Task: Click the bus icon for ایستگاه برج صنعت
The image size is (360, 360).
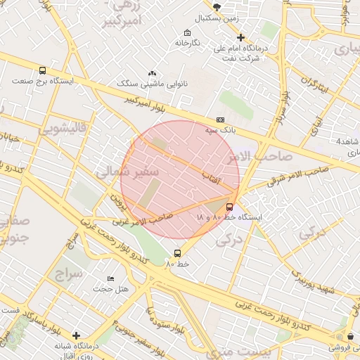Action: pos(42,71)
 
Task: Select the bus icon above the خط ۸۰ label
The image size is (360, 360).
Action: pos(177,253)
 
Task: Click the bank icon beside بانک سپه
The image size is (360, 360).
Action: pos(221,120)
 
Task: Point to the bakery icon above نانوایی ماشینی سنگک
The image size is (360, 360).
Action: pos(153,74)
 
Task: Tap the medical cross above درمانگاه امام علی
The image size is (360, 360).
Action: pos(240,37)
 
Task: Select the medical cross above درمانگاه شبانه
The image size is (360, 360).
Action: pos(77,335)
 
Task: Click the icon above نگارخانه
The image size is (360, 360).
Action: pos(186,33)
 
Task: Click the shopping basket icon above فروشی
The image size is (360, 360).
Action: pos(350,337)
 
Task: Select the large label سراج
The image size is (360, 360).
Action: pos(67,272)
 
